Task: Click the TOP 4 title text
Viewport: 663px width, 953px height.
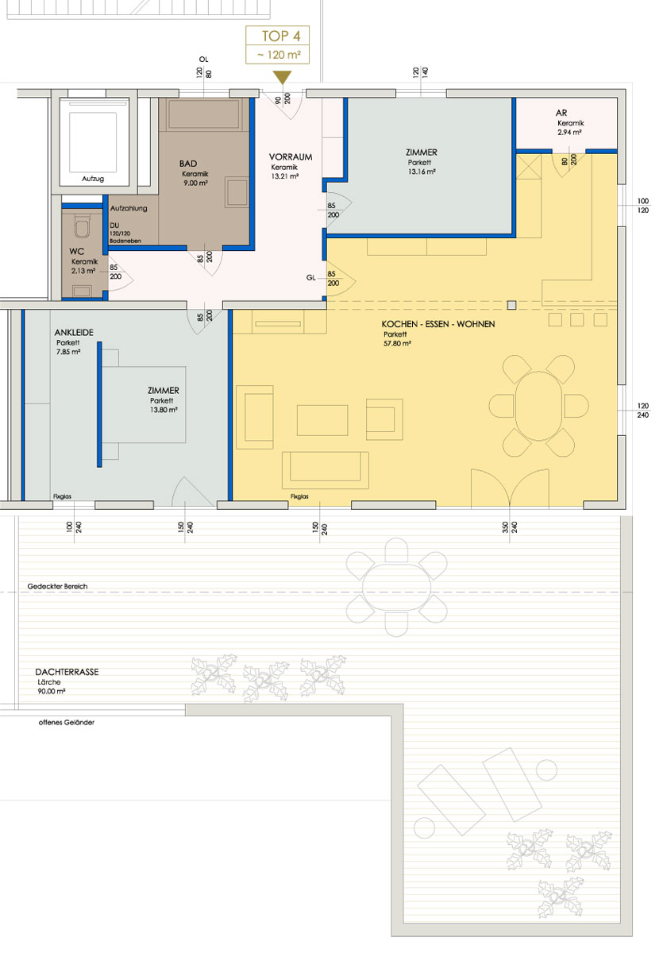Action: click(280, 37)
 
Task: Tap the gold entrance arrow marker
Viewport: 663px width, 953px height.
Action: click(282, 77)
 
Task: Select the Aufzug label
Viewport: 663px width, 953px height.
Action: click(93, 179)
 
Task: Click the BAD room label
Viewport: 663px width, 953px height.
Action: click(188, 164)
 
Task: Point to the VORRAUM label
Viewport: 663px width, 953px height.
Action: click(291, 157)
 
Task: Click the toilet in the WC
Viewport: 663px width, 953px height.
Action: click(83, 226)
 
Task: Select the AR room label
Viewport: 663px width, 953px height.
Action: click(561, 113)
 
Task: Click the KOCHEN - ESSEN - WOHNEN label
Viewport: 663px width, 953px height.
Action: click(438, 324)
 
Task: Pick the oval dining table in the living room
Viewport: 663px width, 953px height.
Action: click(538, 406)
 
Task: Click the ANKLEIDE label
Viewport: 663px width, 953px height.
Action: click(74, 333)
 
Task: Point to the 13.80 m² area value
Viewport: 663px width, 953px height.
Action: click(164, 410)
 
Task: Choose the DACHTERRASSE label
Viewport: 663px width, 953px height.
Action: click(67, 672)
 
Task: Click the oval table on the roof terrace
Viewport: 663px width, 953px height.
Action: click(396, 587)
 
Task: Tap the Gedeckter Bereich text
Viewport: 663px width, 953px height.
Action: click(57, 586)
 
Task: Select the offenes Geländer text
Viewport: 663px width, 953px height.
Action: click(67, 723)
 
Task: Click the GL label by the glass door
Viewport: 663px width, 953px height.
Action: click(311, 278)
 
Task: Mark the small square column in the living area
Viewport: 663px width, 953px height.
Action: click(511, 305)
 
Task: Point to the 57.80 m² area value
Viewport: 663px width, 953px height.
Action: click(397, 344)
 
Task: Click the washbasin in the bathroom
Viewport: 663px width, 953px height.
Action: click(237, 192)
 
